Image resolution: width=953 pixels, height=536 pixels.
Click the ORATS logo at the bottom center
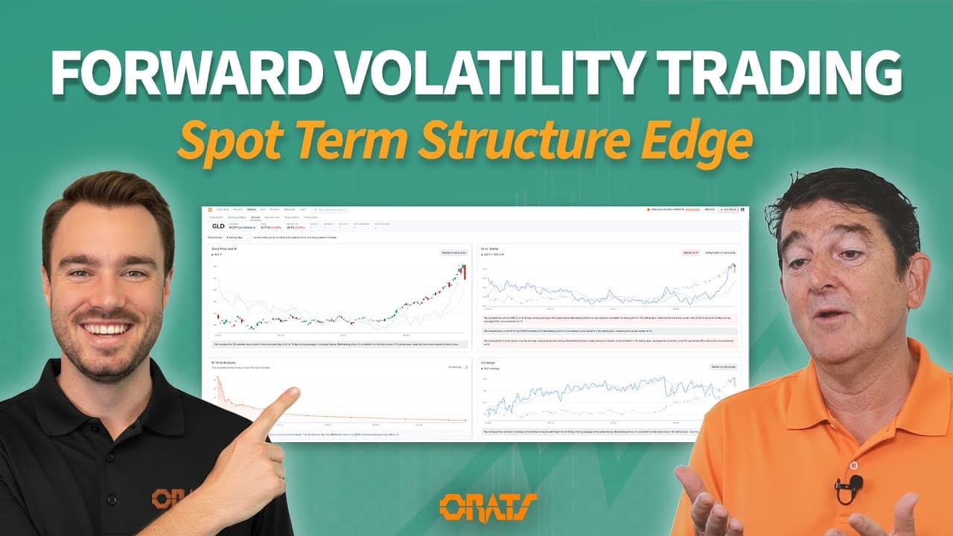pos(476,505)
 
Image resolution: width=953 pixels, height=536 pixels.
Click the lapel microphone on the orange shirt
pos(848,488)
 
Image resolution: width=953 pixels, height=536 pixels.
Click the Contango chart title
pos(491,363)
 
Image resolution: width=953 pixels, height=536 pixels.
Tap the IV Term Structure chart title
pos(228,363)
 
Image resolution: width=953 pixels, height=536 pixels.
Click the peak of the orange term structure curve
pos(217,379)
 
